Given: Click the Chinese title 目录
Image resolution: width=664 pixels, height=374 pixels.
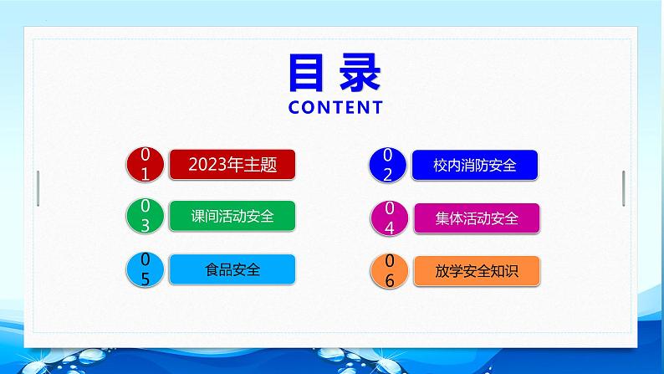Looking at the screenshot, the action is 335,73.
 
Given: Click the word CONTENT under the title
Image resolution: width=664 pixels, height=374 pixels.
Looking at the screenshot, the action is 335,108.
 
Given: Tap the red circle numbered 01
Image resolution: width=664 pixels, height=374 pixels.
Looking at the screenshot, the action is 145,164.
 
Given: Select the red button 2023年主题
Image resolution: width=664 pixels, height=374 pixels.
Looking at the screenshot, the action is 232,164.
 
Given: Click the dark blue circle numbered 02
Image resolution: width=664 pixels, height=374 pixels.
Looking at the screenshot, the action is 387,165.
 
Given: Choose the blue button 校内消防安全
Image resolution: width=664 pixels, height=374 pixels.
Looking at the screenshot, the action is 475,165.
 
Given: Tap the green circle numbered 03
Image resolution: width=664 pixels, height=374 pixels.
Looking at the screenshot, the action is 145,216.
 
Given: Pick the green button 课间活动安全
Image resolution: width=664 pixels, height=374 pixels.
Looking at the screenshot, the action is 232,216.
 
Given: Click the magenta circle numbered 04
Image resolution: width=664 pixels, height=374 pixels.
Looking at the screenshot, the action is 389,218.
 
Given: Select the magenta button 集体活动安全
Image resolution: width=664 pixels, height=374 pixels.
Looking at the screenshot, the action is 477,218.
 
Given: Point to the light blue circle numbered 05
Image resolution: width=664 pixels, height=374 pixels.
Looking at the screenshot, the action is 145,269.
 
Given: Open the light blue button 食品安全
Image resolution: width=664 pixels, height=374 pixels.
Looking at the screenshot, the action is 232,269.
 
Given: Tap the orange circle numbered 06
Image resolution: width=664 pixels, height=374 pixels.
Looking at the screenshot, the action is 389,271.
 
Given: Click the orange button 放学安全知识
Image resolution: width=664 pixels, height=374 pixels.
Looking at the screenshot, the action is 477,271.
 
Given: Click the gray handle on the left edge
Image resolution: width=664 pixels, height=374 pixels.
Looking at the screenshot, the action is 38,188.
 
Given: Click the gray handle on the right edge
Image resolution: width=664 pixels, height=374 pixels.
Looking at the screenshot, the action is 623,188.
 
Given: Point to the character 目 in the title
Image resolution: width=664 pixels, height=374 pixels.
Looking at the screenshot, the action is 307,73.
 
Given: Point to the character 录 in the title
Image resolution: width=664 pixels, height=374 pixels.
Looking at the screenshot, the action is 360,73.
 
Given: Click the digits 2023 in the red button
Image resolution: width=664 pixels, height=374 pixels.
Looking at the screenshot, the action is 207,165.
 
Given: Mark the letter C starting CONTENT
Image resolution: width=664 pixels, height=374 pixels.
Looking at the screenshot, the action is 294,108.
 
